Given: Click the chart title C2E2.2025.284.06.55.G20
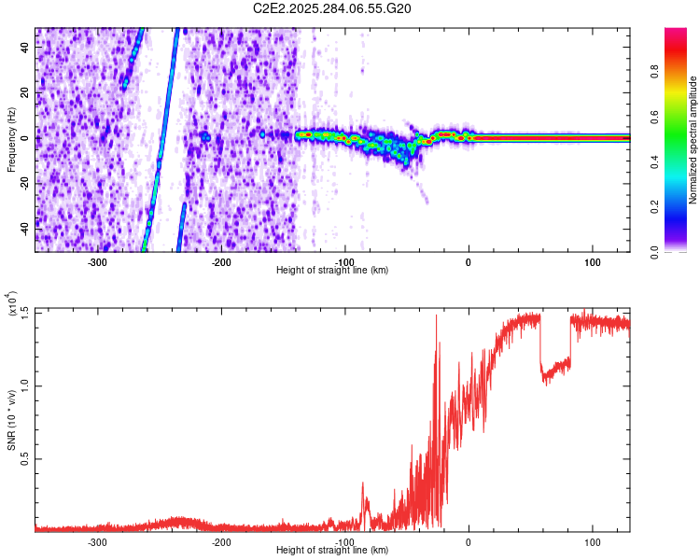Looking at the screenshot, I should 332,9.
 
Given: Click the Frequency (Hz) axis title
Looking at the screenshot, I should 12,139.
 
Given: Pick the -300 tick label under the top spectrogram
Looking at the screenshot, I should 98,262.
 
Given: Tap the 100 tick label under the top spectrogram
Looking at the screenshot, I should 592,262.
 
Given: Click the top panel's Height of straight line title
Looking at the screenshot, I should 332,270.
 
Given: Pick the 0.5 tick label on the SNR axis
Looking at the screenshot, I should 25,459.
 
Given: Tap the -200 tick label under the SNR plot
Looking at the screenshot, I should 221,542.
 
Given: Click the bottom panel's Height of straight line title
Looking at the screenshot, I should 332,551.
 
